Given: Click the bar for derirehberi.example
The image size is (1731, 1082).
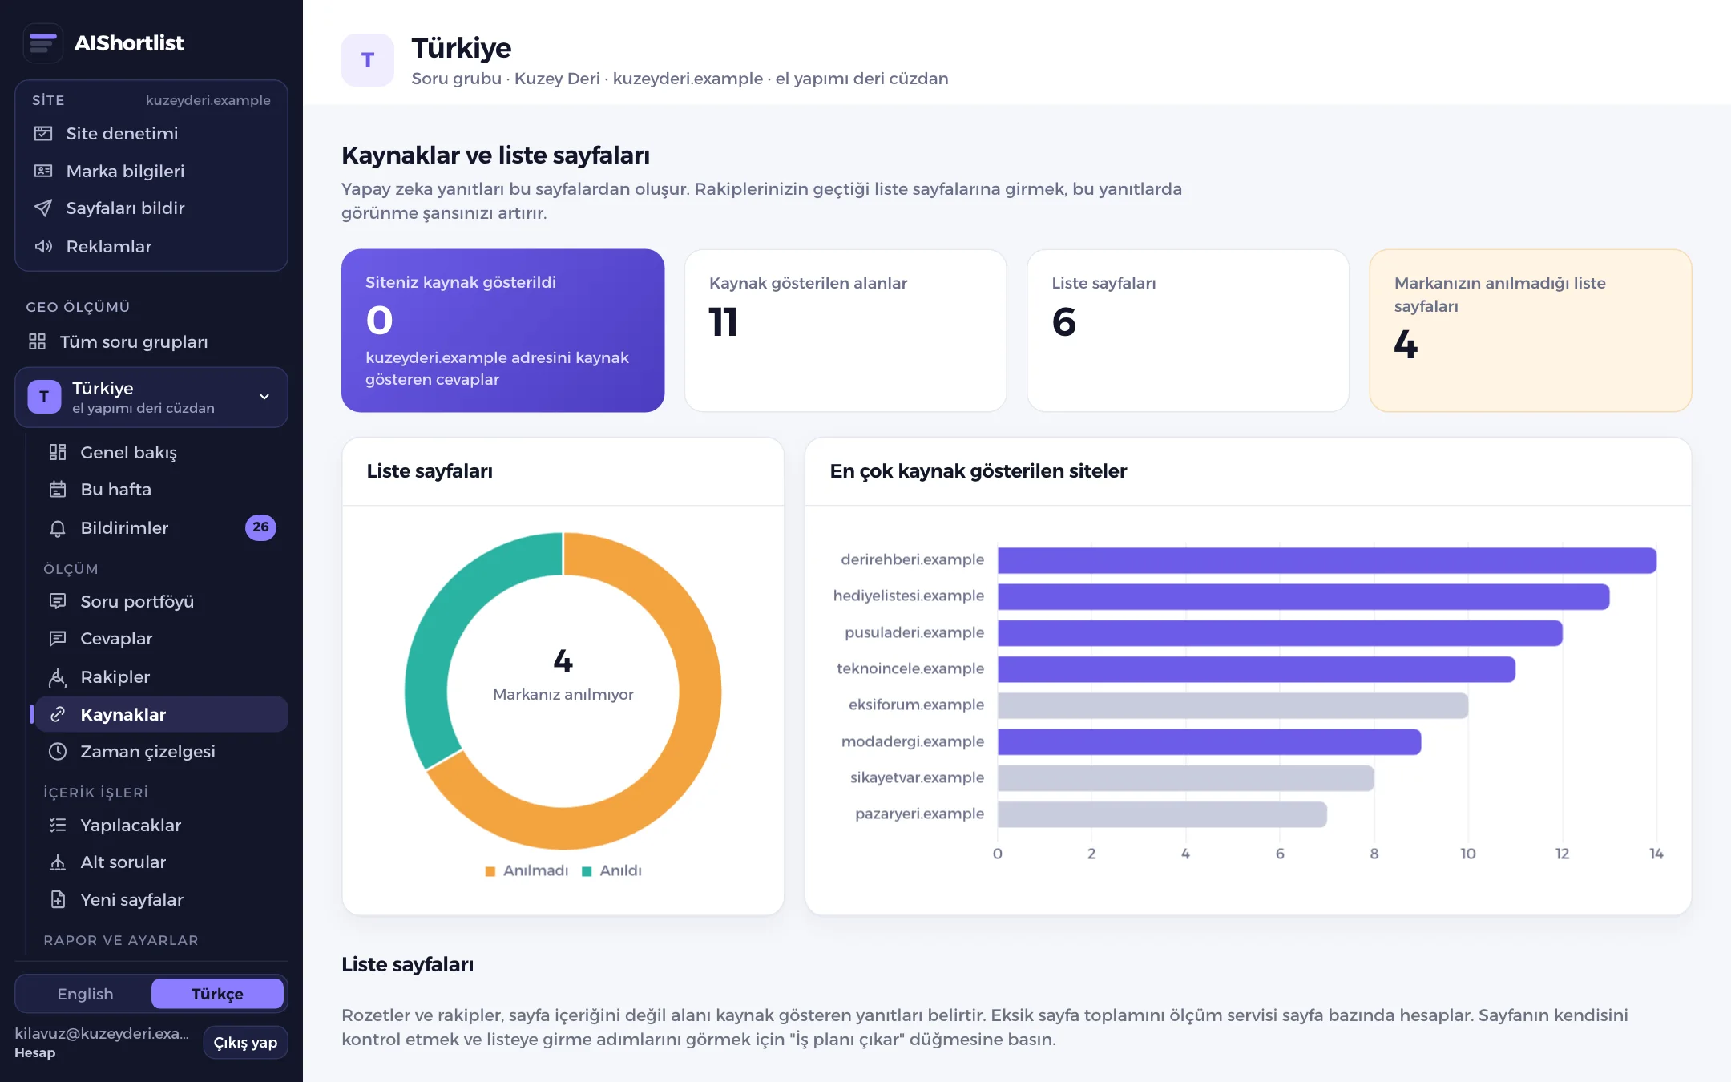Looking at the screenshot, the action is point(1326,560).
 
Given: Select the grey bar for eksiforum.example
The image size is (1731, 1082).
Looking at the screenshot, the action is point(1233,705).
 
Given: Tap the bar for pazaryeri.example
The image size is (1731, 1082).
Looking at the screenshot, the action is point(1162,814).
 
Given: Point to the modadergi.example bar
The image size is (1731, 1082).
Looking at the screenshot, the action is point(1209,742).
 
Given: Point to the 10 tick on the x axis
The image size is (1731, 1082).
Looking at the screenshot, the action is point(1468,854).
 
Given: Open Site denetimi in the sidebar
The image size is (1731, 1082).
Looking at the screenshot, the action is point(122,134).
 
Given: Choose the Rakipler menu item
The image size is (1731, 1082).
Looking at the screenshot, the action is point(115,677).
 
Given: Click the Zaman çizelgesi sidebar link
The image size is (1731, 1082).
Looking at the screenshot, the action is point(147,752).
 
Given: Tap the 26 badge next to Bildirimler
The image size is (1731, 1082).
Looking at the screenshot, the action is point(260,527).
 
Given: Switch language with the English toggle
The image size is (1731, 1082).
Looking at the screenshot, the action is point(85,994).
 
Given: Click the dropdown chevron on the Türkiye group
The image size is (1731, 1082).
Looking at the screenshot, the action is point(264,397).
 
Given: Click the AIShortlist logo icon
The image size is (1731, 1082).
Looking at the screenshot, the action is point(43,43).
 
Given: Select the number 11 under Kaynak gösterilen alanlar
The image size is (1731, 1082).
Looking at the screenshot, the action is point(723,322).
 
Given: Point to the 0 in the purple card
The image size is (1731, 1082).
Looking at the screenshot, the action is point(379,321).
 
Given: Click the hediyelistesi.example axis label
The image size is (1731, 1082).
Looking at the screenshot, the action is point(908,596).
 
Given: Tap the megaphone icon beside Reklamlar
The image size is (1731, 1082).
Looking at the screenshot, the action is point(43,246).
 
